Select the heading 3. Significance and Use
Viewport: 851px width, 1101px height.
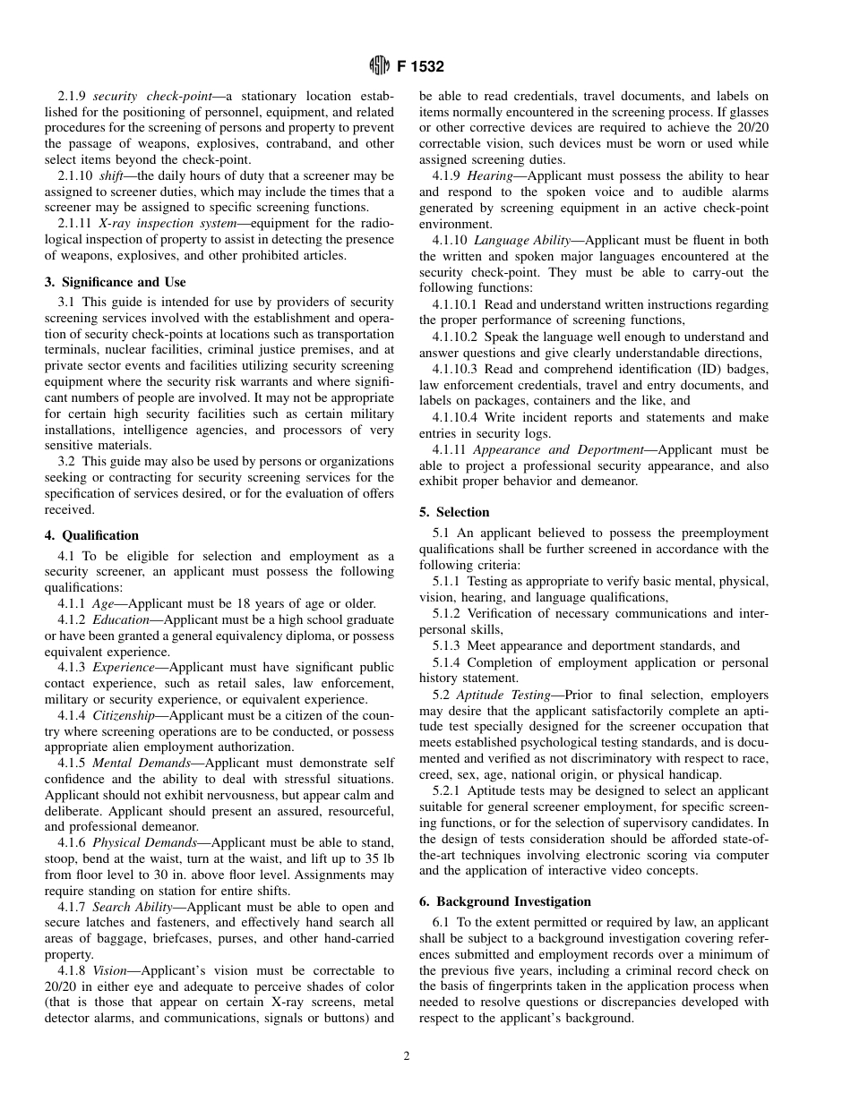pos(116,282)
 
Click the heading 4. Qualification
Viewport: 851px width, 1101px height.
pos(92,535)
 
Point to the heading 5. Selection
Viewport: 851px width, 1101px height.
pos(454,512)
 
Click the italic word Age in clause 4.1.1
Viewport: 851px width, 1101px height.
pos(103,603)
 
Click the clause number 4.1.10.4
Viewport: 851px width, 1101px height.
pos(459,417)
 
